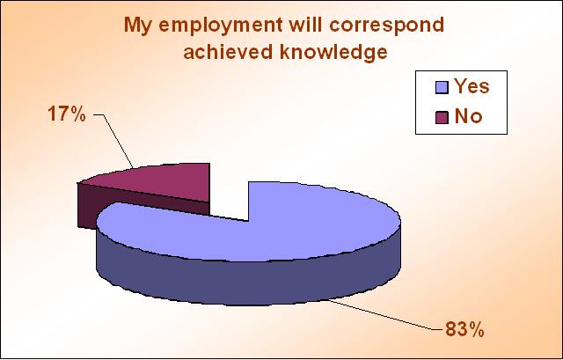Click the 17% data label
67,114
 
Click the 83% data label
464,328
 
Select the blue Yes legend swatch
442,87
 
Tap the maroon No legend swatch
442,117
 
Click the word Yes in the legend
472,86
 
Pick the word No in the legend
468,116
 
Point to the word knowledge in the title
333,53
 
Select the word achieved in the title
229,53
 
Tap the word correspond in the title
386,26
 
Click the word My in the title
138,26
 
